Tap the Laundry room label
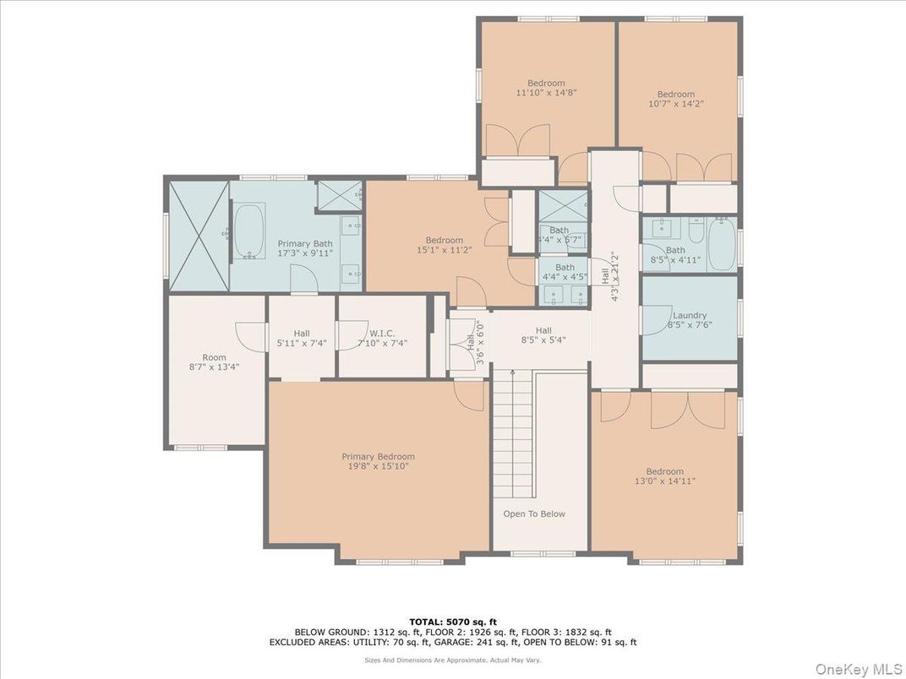[689, 316]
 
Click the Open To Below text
[534, 513]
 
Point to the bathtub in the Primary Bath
[250, 231]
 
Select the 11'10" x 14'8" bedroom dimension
[546, 93]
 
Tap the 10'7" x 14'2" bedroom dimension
[675, 104]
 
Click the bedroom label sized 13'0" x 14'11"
[664, 471]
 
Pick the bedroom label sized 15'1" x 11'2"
[444, 241]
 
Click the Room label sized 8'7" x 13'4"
[214, 357]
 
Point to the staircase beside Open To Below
[514, 435]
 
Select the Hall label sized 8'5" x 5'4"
[543, 330]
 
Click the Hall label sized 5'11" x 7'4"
[302, 334]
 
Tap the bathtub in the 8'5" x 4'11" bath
[721, 246]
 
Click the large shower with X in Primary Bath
[199, 235]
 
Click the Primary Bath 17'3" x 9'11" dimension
[305, 253]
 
